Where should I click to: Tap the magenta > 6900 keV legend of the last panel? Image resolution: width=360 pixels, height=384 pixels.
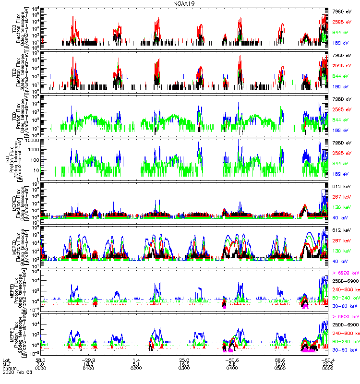[346, 316]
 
